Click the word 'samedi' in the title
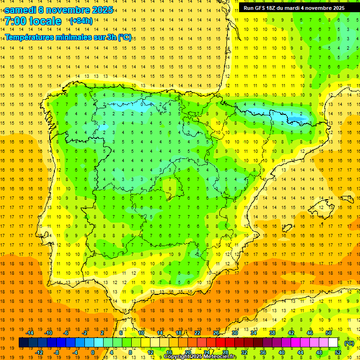21,9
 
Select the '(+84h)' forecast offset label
81,21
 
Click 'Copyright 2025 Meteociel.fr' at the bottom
200,357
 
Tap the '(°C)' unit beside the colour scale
349,343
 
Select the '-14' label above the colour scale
30,333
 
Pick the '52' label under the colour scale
338,352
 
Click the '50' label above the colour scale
329,333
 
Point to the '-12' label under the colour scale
39,352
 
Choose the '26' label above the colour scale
216,333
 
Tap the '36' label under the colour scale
263,352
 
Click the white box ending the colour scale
333,343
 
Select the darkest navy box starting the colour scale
23,343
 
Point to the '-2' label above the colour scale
85,333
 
